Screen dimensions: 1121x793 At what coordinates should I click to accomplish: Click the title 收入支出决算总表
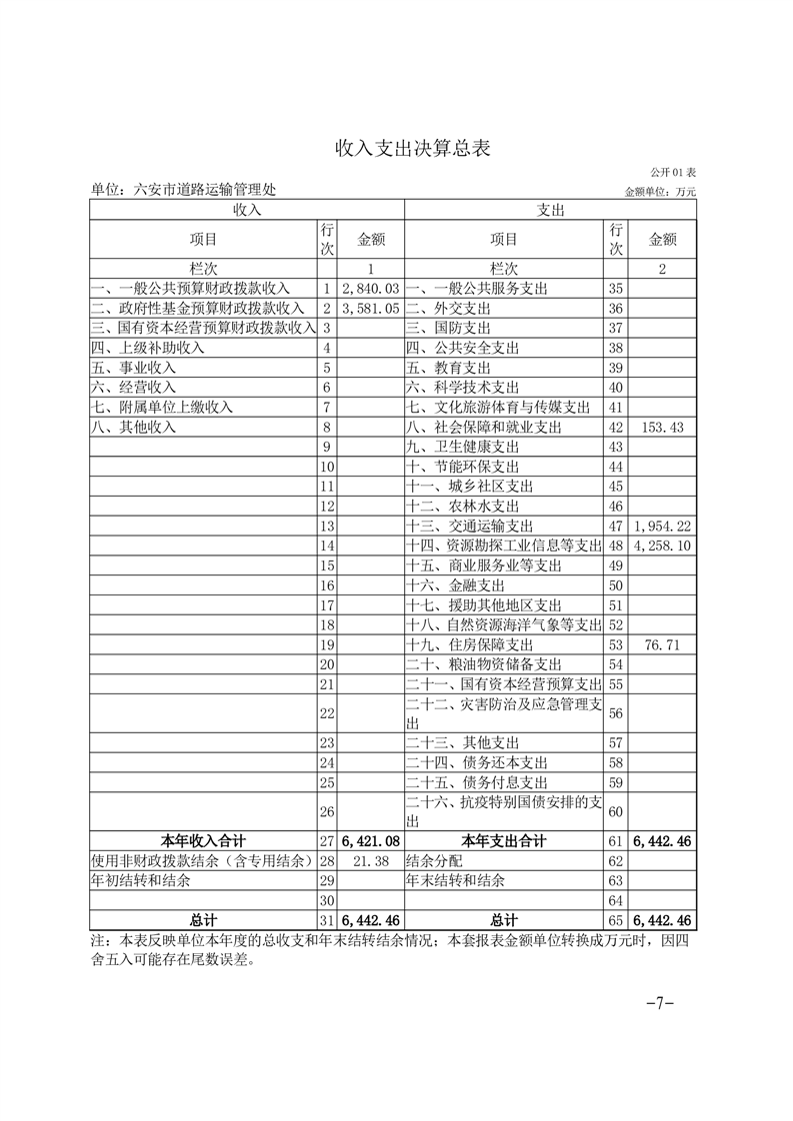412,149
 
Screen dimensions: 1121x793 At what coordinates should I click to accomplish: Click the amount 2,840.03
370,288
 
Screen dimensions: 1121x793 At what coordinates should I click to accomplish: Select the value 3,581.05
370,308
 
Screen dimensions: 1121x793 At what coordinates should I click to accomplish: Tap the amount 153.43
663,427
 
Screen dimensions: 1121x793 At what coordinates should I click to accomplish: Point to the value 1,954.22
663,526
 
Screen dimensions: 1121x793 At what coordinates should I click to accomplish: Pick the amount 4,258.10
663,546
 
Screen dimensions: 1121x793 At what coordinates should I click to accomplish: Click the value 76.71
663,644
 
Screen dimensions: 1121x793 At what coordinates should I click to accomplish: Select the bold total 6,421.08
370,841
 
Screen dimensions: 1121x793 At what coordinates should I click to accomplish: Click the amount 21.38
370,860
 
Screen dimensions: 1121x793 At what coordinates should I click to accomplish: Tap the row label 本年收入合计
204,841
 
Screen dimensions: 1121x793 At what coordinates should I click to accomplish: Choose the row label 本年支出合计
504,841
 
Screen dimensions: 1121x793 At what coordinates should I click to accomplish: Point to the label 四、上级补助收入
148,348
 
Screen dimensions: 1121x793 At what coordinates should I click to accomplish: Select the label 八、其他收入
133,427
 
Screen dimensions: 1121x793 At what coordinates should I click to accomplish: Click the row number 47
616,526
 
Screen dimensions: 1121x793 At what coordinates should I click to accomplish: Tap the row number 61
616,841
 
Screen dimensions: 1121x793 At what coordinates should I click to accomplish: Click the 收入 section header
247,210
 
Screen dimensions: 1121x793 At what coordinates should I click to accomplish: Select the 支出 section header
551,210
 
